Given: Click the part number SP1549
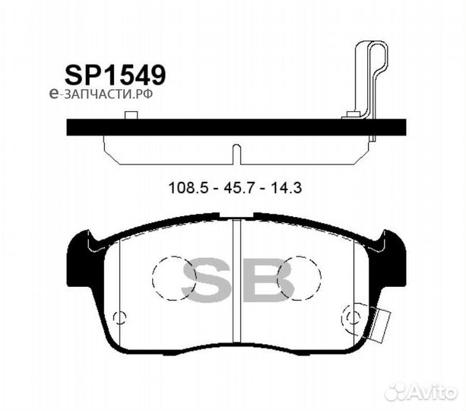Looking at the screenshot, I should pos(115,74).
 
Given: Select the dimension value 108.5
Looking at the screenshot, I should pos(184,186).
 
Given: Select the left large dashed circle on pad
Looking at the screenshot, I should pos(174,277).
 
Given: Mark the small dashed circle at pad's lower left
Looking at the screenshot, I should pos(119,318).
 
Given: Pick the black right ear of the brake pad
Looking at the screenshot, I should pos(390,251).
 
